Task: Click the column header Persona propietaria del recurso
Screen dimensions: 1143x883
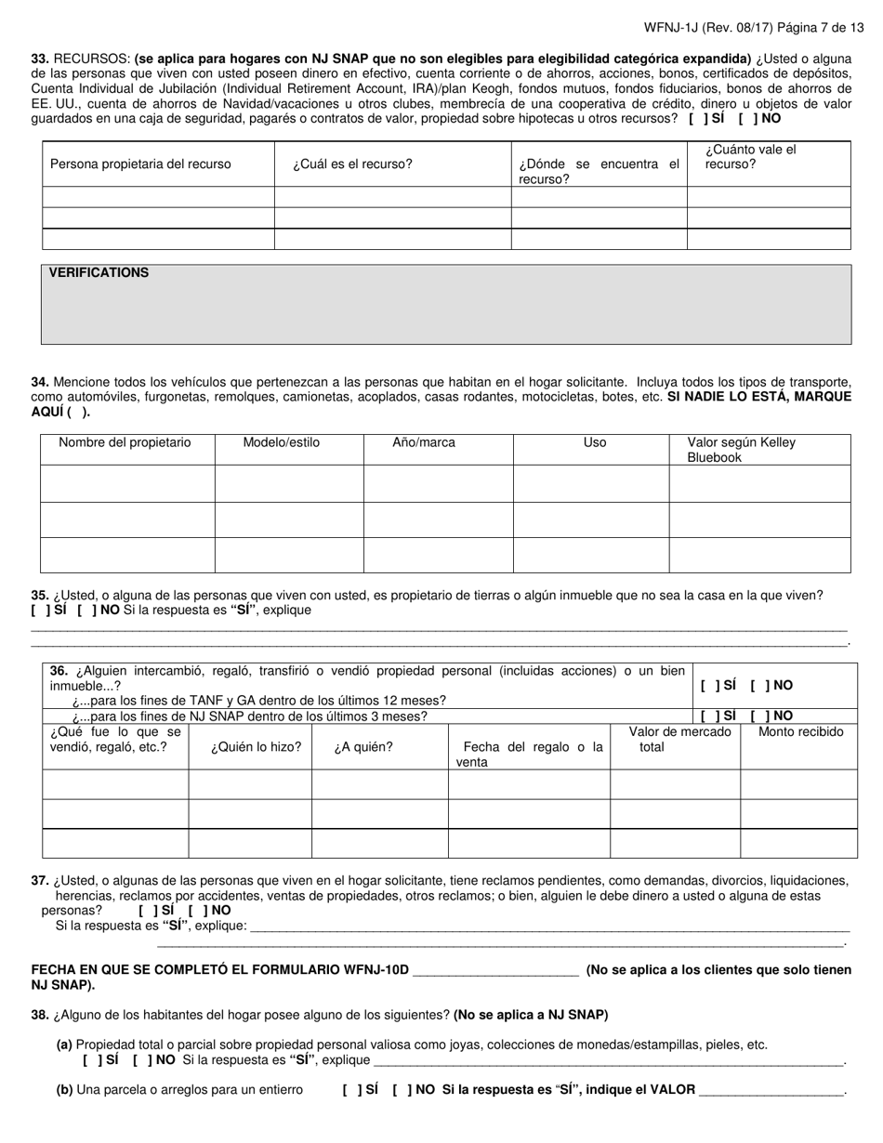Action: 140,164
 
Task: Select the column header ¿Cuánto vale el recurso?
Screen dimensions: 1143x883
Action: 750,157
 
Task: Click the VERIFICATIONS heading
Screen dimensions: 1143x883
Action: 99,273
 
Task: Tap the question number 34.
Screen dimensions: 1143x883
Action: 40,382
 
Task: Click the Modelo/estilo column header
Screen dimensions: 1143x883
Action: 281,442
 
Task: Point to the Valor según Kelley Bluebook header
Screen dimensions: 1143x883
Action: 741,450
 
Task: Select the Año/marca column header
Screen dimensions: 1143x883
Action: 424,442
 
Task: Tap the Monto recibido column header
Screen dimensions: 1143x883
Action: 800,732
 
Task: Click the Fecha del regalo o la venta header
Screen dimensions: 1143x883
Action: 529,754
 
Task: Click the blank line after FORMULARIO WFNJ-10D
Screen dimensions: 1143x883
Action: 495,970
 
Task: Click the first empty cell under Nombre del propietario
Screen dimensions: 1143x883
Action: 127,484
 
